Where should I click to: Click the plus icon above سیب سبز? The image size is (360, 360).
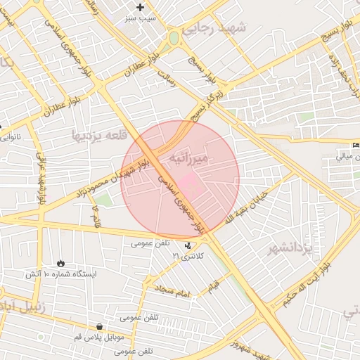(141, 7)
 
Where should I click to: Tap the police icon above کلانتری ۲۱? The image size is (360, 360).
(188, 245)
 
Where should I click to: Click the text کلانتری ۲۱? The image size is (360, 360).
(188, 257)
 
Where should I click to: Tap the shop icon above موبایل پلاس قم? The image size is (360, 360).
(100, 327)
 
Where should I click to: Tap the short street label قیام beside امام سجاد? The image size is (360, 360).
(212, 288)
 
